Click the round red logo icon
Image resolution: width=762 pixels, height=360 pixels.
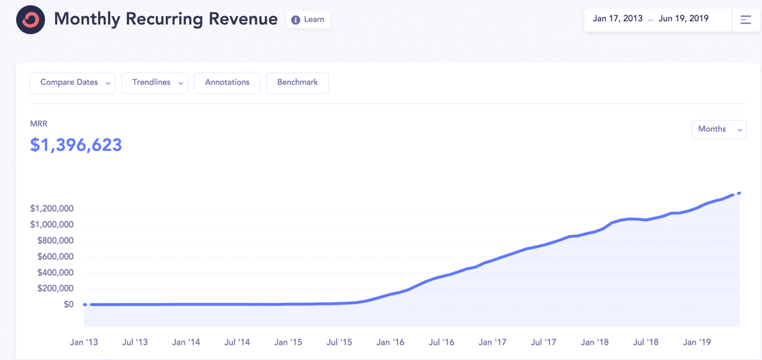pos(30,20)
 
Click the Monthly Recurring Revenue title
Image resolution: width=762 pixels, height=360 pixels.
pos(165,19)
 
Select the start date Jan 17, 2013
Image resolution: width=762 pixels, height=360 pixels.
pos(618,19)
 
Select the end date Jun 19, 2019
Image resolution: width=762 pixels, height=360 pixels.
pos(683,19)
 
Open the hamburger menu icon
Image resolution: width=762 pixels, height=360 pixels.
pos(746,20)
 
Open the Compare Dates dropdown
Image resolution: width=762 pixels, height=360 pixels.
pos(72,83)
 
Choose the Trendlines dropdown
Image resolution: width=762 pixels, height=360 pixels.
pos(155,83)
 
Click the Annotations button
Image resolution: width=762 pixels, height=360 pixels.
pos(227,83)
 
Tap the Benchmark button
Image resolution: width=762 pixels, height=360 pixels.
pos(298,83)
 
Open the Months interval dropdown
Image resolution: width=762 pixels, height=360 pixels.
pos(718,130)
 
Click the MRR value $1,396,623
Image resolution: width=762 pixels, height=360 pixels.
pos(76,145)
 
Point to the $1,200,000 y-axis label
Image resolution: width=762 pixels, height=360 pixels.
pos(52,209)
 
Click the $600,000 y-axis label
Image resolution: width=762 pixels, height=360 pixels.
pos(52,257)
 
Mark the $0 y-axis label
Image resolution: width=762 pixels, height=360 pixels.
pos(68,305)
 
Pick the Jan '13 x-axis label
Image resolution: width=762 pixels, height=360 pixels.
pos(84,343)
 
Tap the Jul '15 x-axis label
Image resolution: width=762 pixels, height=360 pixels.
pos(339,343)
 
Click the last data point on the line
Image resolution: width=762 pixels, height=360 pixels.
pos(740,193)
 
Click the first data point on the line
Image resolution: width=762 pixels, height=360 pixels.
pos(85,305)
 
